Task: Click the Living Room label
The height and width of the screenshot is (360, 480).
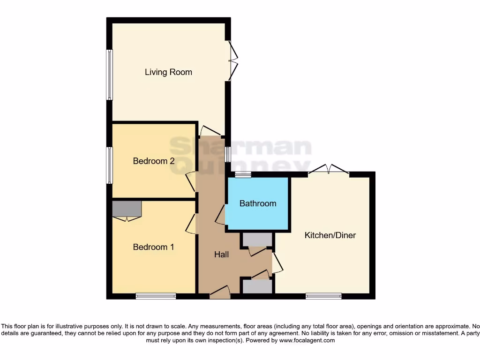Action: click(x=168, y=72)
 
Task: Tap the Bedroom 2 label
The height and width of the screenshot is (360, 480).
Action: click(x=154, y=161)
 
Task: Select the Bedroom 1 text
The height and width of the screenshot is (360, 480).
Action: click(x=153, y=247)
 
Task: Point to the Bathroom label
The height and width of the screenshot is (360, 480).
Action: click(x=258, y=203)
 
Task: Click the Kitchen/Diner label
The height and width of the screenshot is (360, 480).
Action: click(x=330, y=235)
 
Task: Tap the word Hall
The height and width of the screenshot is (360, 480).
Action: click(x=221, y=255)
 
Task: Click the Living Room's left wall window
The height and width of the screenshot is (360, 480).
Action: click(x=109, y=75)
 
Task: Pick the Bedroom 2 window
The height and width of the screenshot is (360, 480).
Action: click(x=109, y=165)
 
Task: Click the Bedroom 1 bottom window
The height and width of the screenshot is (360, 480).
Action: click(x=156, y=296)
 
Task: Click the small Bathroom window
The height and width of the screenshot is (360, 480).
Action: click(x=243, y=175)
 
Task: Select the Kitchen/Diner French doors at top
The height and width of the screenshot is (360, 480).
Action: click(x=329, y=172)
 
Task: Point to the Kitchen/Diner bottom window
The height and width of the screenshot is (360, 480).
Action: click(x=323, y=296)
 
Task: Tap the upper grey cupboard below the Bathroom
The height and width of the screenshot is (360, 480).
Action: click(x=257, y=240)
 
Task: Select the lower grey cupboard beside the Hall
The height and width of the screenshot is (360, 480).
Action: click(x=257, y=286)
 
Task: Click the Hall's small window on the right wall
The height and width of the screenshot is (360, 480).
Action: click(x=227, y=154)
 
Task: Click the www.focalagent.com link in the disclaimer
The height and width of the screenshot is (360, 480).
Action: click(x=307, y=340)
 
